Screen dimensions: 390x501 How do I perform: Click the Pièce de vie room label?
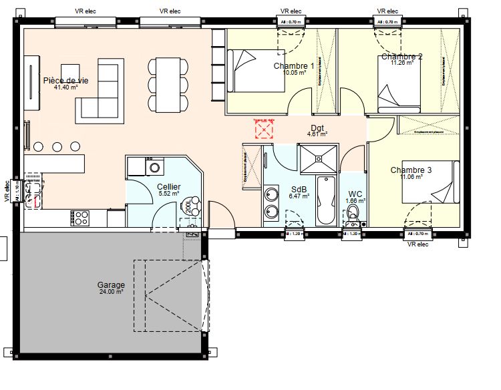70,80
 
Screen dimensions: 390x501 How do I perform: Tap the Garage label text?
112,285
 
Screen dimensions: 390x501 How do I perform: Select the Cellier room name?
169,186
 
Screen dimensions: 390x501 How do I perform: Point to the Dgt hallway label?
317,127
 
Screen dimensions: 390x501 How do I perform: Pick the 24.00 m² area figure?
112,292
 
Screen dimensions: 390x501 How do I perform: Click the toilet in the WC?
353,214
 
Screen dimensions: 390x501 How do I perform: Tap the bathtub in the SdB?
325,200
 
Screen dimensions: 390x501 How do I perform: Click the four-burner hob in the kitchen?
81,218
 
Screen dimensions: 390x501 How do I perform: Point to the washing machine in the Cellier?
155,166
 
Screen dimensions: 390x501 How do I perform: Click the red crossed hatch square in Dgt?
265,128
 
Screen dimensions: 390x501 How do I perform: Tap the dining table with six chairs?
167,84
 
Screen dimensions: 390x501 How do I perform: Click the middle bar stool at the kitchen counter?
57,146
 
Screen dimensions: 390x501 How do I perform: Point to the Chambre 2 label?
401,57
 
